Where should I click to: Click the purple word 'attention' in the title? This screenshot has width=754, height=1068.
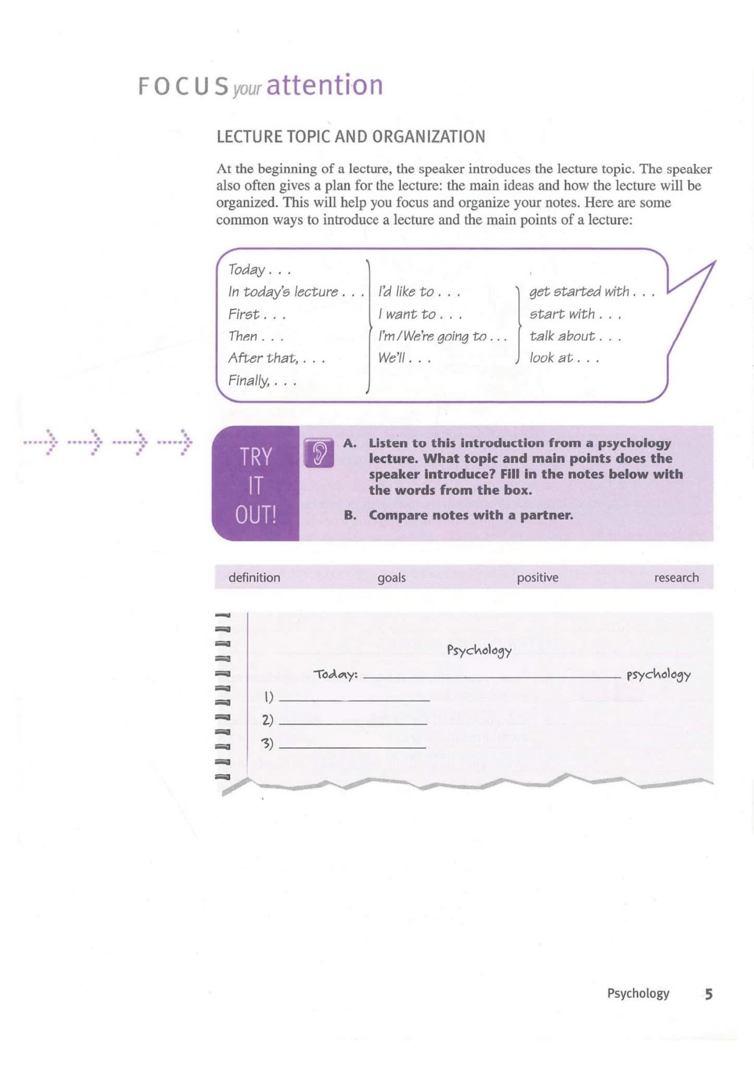click(x=325, y=85)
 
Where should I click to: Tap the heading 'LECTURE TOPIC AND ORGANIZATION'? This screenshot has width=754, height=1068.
click(x=351, y=137)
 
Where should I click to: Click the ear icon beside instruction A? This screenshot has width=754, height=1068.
click(x=318, y=452)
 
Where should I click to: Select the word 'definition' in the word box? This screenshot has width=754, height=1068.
click(x=254, y=577)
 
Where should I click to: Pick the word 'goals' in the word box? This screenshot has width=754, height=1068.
click(x=391, y=577)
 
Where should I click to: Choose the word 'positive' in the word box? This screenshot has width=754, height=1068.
click(x=537, y=577)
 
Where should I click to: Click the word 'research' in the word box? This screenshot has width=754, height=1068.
click(x=676, y=577)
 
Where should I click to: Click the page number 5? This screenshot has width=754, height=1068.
click(x=708, y=994)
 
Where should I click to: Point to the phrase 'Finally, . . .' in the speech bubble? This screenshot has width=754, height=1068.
click(x=262, y=381)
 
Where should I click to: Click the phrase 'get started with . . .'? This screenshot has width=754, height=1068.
click(x=591, y=292)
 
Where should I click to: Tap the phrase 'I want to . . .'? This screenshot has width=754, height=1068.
click(x=419, y=314)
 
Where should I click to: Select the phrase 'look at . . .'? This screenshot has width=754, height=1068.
click(x=564, y=358)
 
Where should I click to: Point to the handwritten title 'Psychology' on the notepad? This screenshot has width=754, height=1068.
click(x=479, y=650)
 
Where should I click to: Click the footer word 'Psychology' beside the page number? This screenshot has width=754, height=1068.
click(x=638, y=993)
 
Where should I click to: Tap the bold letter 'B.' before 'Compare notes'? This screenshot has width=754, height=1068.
click(x=350, y=515)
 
